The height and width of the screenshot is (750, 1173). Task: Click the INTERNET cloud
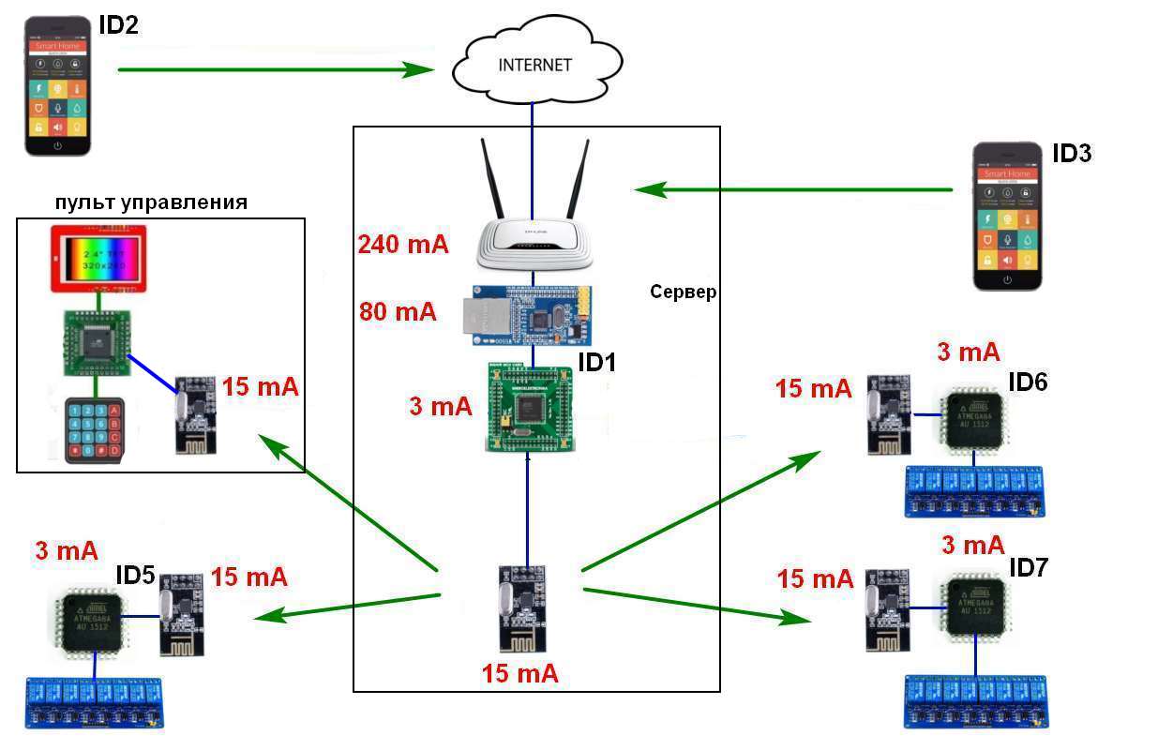[x=534, y=64]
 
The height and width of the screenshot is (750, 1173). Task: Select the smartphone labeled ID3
[x=1007, y=217]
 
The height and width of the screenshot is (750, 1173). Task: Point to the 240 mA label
[x=402, y=245]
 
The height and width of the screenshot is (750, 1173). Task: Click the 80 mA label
[x=398, y=311]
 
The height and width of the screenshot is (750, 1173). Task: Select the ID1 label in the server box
[x=596, y=362]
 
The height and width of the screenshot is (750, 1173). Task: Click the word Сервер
[x=683, y=292]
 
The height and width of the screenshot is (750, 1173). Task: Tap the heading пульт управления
[x=151, y=203]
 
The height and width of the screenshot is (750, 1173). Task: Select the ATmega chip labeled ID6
[x=974, y=419]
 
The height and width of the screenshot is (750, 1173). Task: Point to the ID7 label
[x=1029, y=568]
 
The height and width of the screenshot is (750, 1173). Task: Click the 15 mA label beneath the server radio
[x=519, y=673]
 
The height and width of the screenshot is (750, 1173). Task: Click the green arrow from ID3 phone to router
[x=793, y=189]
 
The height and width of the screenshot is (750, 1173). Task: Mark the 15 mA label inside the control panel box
[x=260, y=386]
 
